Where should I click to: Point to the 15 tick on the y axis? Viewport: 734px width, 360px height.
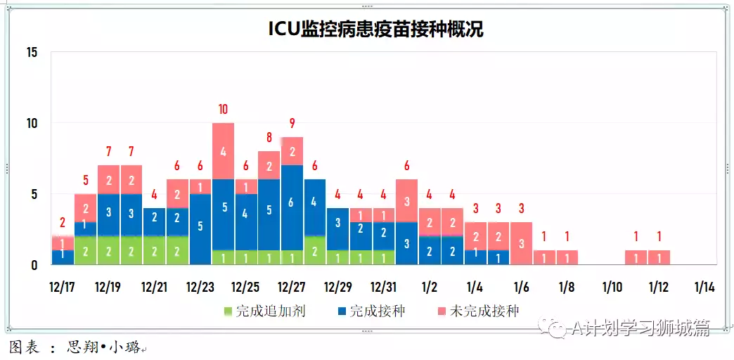point(31,53)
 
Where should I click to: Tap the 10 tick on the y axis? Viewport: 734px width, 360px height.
point(31,124)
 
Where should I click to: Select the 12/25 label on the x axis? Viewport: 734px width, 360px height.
point(246,287)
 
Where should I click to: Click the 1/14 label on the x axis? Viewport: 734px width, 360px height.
point(704,287)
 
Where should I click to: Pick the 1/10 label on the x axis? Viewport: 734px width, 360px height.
point(612,287)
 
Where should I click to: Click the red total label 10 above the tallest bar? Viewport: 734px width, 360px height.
point(223,109)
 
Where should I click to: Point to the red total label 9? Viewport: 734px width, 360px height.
point(292,123)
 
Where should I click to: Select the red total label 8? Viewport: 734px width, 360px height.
point(269,137)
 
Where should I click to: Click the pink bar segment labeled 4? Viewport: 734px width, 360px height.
point(223,150)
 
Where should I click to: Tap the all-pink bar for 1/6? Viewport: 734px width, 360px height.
point(521,243)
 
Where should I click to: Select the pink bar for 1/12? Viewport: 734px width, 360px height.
point(659,257)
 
